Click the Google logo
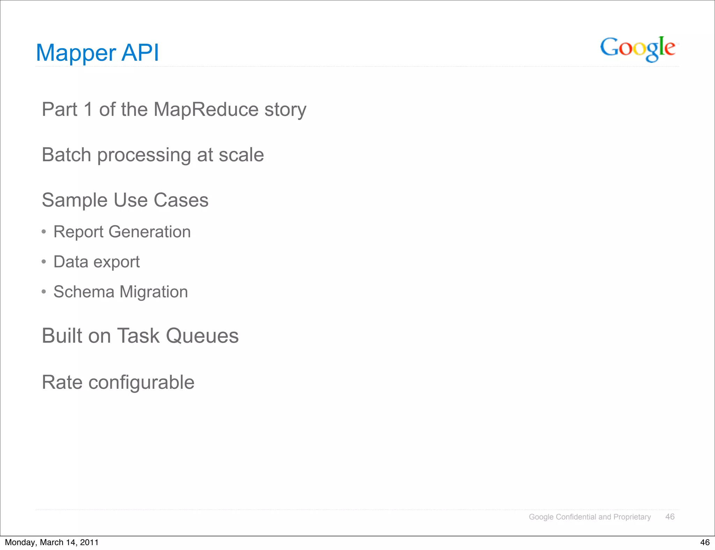click(637, 49)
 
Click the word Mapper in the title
click(76, 53)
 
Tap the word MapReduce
click(206, 110)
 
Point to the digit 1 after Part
click(88, 109)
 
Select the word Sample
click(75, 200)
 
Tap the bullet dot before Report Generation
click(44, 232)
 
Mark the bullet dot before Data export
click(44, 262)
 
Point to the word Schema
click(84, 292)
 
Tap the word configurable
click(141, 382)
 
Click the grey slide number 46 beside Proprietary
click(670, 517)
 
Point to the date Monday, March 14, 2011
click(52, 542)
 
